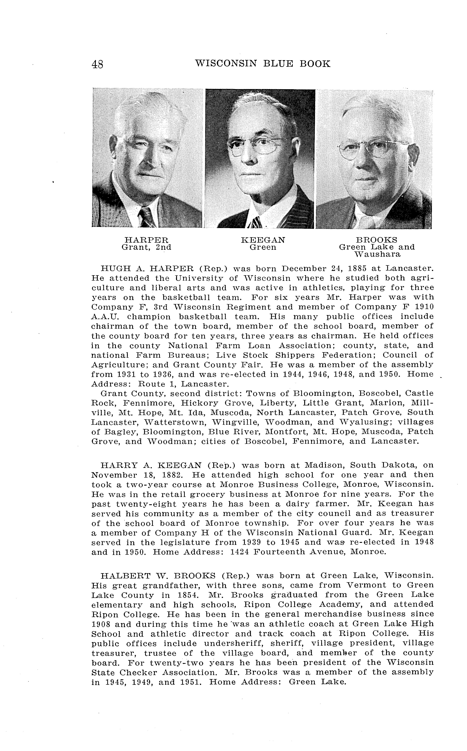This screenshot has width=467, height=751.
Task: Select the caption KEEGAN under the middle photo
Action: pos(263,240)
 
